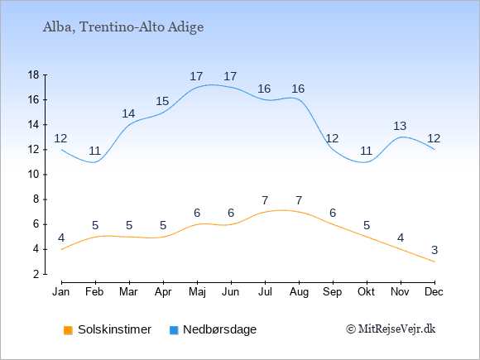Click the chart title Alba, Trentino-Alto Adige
click(123, 27)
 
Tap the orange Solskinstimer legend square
click(68, 330)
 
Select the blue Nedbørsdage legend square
click(174, 330)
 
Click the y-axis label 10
click(33, 175)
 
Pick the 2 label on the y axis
click(36, 274)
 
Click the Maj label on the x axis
click(197, 292)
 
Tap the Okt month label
click(366, 292)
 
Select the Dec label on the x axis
click(434, 292)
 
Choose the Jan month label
click(61, 292)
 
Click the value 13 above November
click(400, 126)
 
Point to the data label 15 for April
click(162, 101)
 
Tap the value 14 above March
click(128, 113)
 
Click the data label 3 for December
click(434, 251)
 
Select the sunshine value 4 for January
click(61, 238)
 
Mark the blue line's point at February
click(95, 162)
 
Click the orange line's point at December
click(434, 262)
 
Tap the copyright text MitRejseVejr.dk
click(391, 329)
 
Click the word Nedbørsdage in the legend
click(220, 329)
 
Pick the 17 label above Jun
click(230, 76)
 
